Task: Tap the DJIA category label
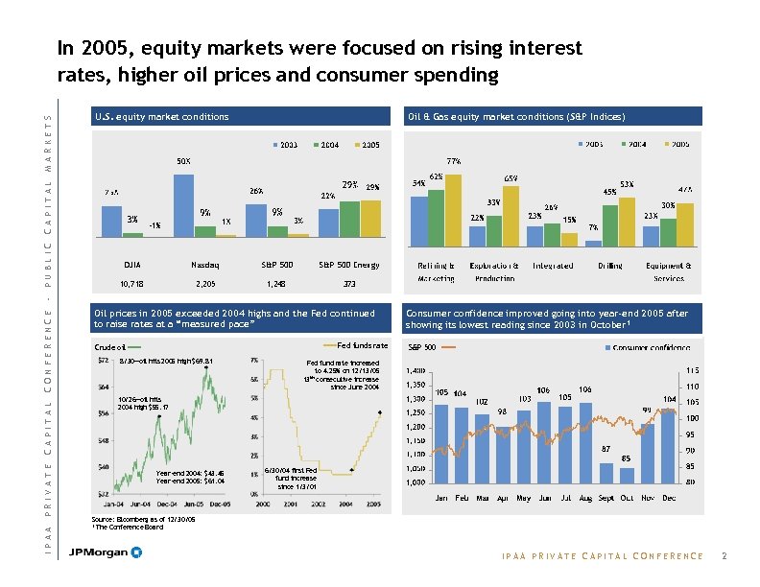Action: pyautogui.click(x=133, y=265)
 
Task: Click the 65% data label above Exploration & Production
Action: pyautogui.click(x=511, y=178)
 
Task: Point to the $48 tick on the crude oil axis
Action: pyautogui.click(x=103, y=440)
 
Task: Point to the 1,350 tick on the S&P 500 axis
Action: pyautogui.click(x=415, y=385)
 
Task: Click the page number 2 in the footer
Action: pyautogui.click(x=724, y=555)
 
